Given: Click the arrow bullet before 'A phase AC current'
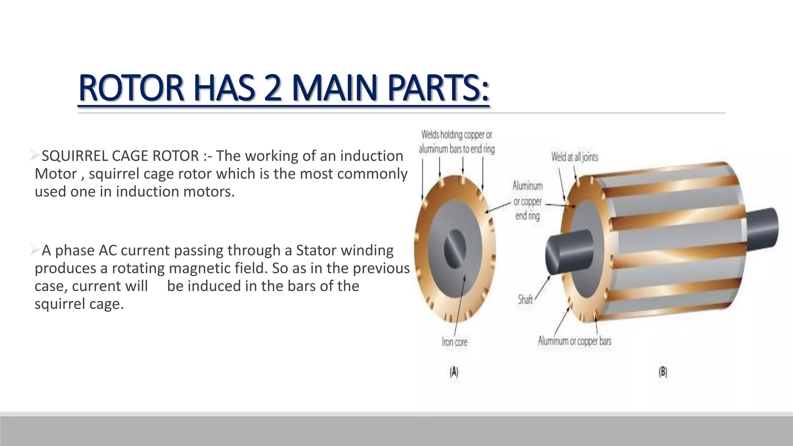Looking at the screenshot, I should [x=35, y=250].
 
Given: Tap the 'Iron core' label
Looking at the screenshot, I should [x=455, y=342].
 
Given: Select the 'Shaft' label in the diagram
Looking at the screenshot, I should [x=525, y=299].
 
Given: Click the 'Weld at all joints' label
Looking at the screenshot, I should [x=575, y=157].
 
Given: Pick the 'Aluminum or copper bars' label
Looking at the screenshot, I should [x=575, y=341].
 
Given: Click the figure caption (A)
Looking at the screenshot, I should [x=454, y=372].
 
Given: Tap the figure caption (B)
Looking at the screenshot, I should [x=663, y=372].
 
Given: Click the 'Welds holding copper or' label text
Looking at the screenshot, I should [x=457, y=135].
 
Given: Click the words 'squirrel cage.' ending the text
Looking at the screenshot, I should [x=79, y=304].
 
